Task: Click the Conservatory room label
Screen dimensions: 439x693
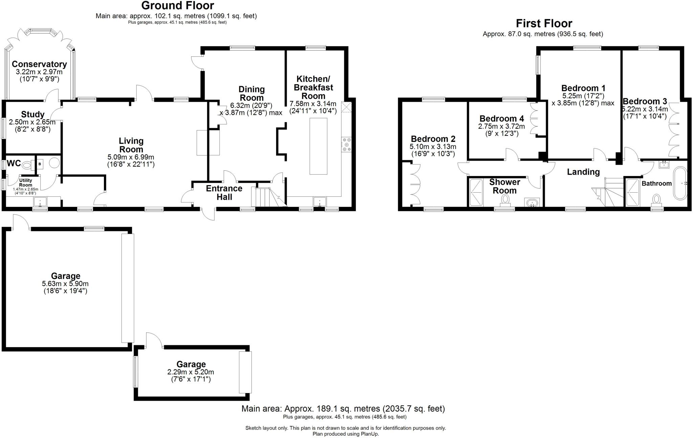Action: tap(39, 64)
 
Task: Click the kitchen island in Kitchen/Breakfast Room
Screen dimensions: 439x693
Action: tap(318, 146)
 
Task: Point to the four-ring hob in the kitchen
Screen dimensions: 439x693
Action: tap(346, 144)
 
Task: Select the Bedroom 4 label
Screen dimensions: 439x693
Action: tap(501, 119)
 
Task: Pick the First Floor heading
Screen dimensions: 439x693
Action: tap(544, 23)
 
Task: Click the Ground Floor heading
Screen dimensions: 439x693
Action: tap(177, 5)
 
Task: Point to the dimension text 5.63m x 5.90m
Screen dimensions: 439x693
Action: tap(65, 284)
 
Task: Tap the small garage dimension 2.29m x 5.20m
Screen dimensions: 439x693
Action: tap(191, 372)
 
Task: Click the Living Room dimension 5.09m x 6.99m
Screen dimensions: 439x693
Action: tap(131, 157)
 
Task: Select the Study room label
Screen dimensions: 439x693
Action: tap(32, 114)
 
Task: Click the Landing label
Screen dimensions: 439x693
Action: tap(583, 172)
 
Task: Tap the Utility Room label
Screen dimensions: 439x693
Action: tap(25, 183)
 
